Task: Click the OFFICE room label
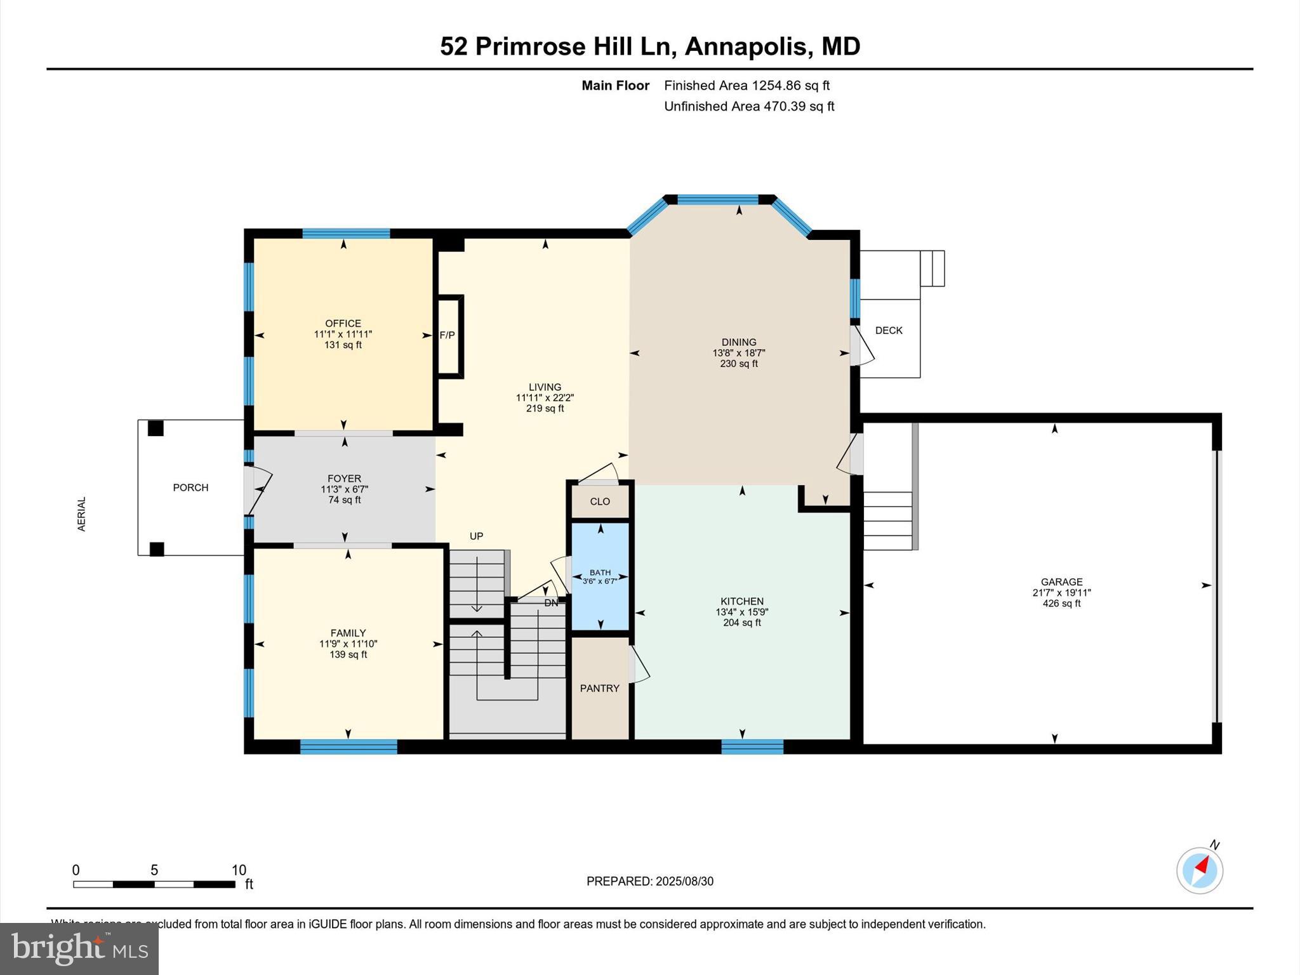tap(343, 323)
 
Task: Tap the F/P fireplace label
tap(448, 335)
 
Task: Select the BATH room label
tap(600, 572)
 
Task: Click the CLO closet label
tap(600, 501)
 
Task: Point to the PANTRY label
tap(599, 688)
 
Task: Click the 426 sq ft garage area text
tap(1061, 604)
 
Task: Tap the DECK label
tap(889, 330)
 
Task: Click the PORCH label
tap(190, 487)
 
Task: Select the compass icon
tap(1199, 870)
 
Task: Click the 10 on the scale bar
tap(239, 870)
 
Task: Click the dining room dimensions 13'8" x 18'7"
tap(739, 353)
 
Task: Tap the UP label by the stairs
tap(476, 536)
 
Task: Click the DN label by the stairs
tap(551, 603)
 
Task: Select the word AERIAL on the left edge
tap(81, 514)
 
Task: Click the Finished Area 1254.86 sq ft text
tap(746, 85)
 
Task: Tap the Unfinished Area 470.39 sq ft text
tap(749, 106)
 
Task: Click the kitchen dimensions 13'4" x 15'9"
tap(741, 612)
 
